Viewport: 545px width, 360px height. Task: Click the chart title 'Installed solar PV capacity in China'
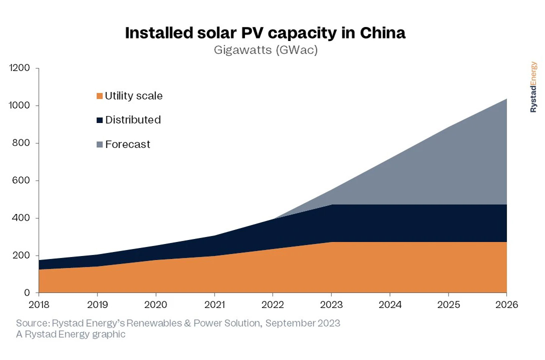265,33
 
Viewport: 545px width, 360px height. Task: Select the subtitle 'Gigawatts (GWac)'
265,50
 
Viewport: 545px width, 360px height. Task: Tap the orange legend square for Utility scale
99,96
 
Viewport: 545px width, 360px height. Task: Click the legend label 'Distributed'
132,120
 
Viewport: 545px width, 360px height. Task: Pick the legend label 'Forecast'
127,144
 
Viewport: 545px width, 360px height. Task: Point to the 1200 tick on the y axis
20,68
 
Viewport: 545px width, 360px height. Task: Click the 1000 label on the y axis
20,105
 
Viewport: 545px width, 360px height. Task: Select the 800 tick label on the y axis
22,143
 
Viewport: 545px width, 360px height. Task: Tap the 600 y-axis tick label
22,180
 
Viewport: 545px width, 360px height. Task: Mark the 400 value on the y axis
22,218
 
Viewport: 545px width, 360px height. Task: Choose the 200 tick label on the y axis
22,255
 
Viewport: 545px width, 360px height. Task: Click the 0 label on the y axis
27,293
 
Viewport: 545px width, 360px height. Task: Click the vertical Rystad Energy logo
533,87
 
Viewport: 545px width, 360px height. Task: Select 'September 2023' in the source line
302,323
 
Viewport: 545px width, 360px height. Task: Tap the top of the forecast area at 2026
506,99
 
